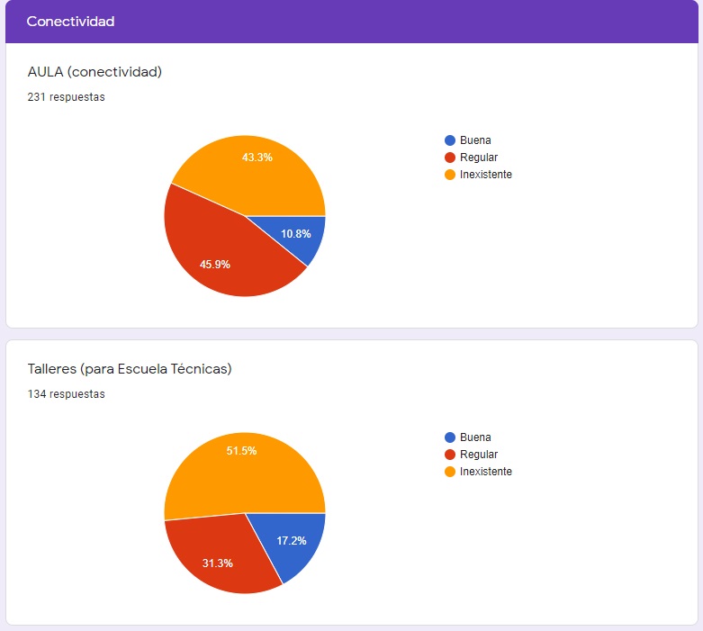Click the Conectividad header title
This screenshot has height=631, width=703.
coord(70,22)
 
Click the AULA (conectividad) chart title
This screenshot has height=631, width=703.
coord(95,71)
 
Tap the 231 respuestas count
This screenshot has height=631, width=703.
coord(66,97)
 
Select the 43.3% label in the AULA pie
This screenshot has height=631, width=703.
coord(257,157)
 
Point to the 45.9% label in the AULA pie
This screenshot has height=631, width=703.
coord(214,265)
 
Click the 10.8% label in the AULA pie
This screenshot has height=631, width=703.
coord(295,234)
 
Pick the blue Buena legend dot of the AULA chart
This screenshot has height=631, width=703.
coord(450,140)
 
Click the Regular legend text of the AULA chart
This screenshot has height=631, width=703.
coord(478,158)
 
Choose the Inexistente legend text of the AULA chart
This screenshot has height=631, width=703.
coord(485,175)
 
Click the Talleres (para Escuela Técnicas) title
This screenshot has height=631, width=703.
coord(130,368)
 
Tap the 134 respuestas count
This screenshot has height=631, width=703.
coord(66,394)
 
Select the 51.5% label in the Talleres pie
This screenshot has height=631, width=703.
coord(241,451)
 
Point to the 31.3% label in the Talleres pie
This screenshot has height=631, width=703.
coord(217,563)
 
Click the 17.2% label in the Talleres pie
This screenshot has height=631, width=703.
coord(291,541)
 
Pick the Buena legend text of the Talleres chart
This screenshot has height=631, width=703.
coord(475,437)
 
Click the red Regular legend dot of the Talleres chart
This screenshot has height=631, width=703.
coord(450,455)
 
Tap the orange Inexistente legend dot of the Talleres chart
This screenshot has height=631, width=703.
coord(450,472)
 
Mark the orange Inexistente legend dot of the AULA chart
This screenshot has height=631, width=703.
coord(450,175)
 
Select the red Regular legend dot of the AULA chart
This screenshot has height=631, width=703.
coord(450,158)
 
